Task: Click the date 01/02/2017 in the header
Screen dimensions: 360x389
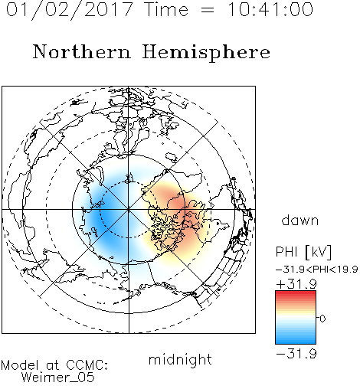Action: coord(69,10)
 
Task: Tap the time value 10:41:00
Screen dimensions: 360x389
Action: coord(270,9)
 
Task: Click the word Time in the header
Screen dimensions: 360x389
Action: coord(166,9)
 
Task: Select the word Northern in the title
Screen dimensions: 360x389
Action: coord(82,51)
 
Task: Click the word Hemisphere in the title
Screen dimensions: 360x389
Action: coord(206,53)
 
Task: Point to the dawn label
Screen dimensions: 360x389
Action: coord(300,221)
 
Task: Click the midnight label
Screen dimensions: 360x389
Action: coord(180,359)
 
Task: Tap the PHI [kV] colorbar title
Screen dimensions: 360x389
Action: coord(304,252)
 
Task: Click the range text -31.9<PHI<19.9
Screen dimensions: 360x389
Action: coord(317,270)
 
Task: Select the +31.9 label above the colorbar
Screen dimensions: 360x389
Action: coord(296,284)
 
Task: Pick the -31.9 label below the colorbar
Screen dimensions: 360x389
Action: coord(296,354)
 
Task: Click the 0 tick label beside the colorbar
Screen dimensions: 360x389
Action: coord(322,319)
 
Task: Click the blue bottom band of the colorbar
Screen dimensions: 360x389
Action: coord(296,339)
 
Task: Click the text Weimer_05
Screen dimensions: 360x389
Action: coord(58,378)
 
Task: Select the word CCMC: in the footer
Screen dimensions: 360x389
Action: coord(87,365)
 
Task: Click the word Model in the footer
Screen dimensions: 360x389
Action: coord(21,365)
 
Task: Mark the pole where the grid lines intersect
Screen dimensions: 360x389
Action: coord(129,210)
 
